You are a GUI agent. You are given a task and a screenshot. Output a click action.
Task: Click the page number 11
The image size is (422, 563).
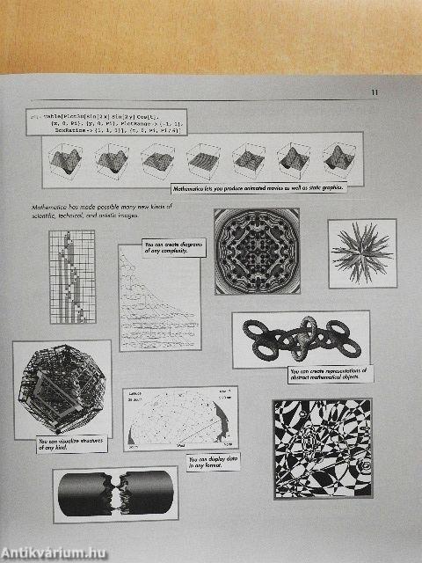point(374,91)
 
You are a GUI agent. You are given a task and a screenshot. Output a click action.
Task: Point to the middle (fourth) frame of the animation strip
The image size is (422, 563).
point(203,161)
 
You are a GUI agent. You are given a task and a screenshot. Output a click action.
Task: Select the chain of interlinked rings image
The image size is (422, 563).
point(300,337)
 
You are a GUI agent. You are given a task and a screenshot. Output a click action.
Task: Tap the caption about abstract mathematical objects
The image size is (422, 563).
point(328,375)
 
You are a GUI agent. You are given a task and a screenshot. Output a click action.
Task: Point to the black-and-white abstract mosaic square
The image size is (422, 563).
point(322,449)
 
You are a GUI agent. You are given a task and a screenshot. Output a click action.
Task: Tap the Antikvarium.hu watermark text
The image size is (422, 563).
point(59,550)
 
